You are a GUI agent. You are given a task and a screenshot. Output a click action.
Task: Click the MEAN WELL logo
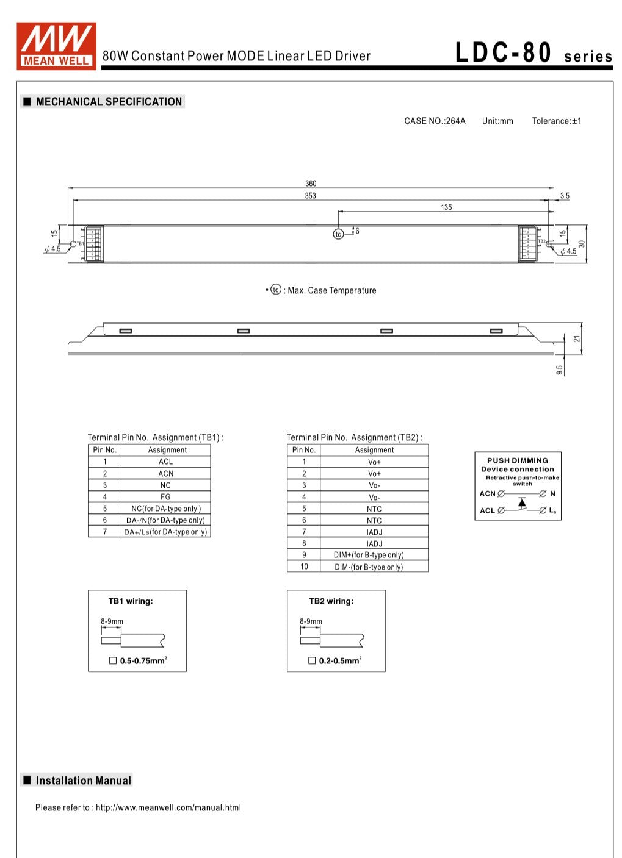pos(56,45)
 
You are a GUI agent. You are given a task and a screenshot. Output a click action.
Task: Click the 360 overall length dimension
pos(311,184)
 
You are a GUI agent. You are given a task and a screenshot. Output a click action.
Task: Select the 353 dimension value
pos(310,196)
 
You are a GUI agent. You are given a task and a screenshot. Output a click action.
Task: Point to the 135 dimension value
pos(446,207)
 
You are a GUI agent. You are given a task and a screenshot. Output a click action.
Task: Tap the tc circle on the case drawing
pos(338,234)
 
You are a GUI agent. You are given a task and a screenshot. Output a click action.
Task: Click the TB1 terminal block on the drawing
pos(94,244)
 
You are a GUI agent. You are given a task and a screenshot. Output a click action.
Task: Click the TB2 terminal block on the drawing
pos(527,244)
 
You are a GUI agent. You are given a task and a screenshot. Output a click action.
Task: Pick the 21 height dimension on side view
pos(576,338)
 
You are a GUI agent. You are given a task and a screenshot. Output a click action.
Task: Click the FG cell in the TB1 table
pos(165,497)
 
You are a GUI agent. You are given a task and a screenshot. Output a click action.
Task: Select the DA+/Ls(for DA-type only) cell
pos(165,532)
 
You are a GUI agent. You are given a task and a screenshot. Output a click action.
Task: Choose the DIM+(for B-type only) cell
pos(369,555)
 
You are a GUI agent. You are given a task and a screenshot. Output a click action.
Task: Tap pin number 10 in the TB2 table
pos(304,567)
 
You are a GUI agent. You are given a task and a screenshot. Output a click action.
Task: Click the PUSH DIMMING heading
pos(518,460)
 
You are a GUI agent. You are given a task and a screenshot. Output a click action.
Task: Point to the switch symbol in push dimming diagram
pos(522,502)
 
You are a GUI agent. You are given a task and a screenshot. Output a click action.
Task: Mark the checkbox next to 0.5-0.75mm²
pos(113,660)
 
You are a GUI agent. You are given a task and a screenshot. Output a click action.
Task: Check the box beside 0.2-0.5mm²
pos(312,660)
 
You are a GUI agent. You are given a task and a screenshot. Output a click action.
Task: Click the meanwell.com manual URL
pos(168,807)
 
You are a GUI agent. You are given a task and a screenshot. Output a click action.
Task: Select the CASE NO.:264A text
pos(435,121)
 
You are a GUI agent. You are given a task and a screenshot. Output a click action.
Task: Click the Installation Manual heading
pos(83,781)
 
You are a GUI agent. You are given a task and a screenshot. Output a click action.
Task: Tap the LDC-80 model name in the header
pos(503,53)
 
